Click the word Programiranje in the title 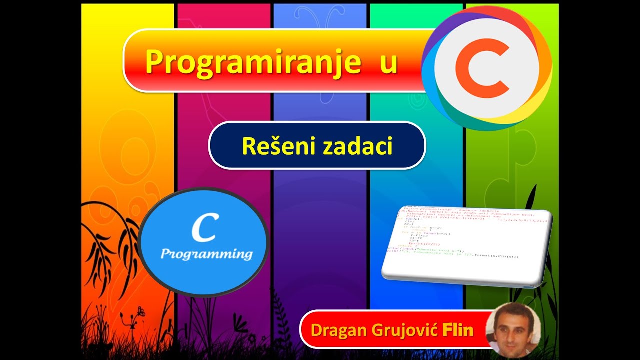click(252, 62)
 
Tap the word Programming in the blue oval click(206, 254)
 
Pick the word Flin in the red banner click(457, 330)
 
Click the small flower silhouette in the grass click(140, 312)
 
